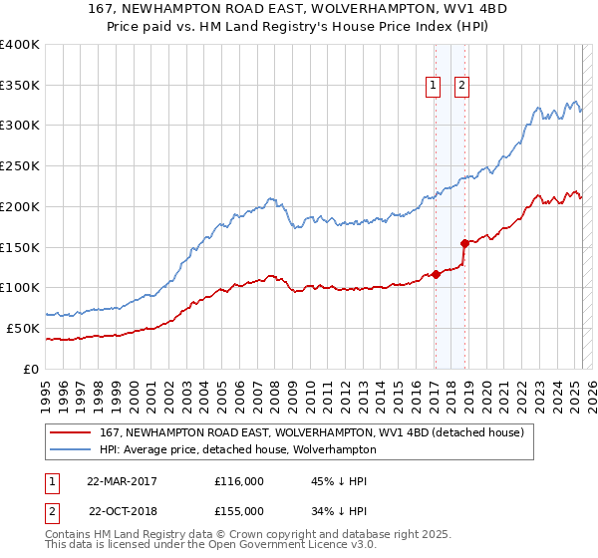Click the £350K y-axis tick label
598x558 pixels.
[x=20, y=85]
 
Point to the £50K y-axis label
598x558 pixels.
[x=23, y=328]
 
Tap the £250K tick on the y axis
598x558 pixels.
[x=20, y=165]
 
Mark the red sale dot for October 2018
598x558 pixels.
[x=464, y=243]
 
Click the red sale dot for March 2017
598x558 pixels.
[x=437, y=275]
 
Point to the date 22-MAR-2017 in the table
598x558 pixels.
[x=122, y=481]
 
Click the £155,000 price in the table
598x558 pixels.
[x=239, y=510]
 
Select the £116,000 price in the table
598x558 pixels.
[x=239, y=481]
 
